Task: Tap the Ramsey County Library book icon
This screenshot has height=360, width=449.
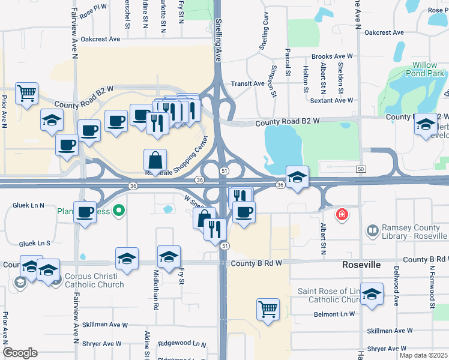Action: (372, 230)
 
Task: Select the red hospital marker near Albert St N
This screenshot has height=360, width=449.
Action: (342, 214)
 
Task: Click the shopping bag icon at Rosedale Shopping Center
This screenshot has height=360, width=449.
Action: (155, 160)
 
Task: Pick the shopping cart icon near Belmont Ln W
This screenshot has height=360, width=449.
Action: (268, 310)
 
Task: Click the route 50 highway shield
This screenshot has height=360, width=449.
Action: (361, 170)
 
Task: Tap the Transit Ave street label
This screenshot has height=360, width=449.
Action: (248, 84)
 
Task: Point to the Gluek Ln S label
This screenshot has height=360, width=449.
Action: (34, 244)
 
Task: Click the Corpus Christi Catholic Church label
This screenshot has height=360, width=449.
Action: (90, 281)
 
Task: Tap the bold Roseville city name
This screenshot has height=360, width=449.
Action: (362, 264)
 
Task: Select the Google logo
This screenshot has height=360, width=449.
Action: (20, 353)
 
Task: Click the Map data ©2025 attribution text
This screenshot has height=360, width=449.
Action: (423, 355)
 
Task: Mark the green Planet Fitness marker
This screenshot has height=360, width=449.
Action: (119, 210)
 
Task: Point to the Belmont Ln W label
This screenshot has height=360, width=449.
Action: (334, 314)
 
